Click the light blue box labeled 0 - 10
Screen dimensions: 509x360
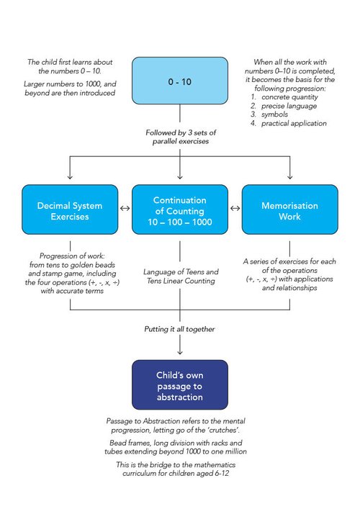point(179,84)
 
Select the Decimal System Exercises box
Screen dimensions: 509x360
point(70,210)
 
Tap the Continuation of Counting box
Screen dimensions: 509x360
point(179,210)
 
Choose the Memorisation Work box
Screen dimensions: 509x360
point(289,210)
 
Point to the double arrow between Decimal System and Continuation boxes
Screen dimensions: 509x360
point(124,210)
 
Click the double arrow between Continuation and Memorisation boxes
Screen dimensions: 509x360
point(234,210)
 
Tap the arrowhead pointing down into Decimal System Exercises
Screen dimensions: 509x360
point(70,176)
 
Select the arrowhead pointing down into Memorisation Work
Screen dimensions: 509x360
point(289,176)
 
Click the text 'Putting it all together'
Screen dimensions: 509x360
point(179,328)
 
